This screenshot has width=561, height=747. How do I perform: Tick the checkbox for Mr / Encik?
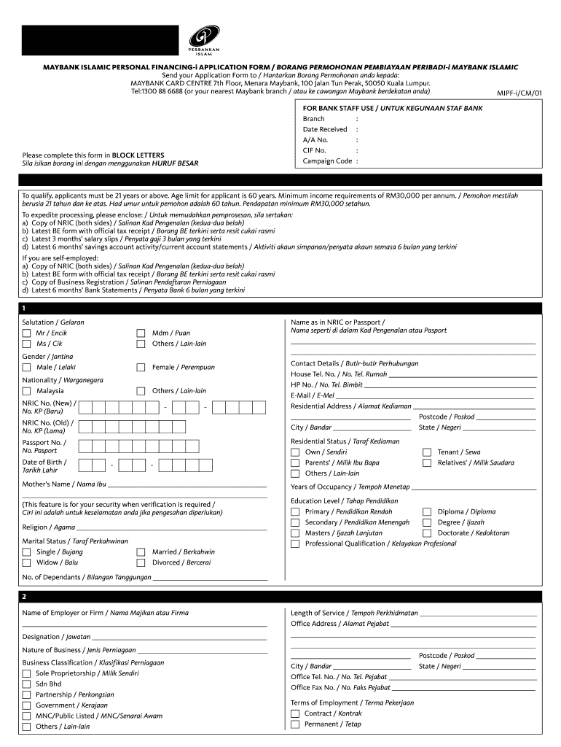(27, 333)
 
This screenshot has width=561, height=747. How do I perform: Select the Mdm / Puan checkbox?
(141, 333)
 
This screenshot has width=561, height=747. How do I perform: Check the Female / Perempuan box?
(141, 368)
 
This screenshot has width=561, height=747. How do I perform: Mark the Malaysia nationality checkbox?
(27, 391)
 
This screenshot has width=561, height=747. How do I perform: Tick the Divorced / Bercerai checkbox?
(141, 562)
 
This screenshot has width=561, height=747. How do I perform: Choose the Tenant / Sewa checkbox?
(427, 452)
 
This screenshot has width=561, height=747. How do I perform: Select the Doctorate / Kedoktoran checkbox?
(427, 533)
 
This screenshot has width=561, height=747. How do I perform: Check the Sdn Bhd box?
(27, 684)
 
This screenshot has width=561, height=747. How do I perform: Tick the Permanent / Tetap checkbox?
(295, 724)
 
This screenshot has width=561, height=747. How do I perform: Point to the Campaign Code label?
(327, 161)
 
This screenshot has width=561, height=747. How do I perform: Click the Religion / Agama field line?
(171, 527)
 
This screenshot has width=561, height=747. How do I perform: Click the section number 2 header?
(25, 597)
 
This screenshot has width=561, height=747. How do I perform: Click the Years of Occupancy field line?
(474, 487)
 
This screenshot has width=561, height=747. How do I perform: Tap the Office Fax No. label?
(340, 688)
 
